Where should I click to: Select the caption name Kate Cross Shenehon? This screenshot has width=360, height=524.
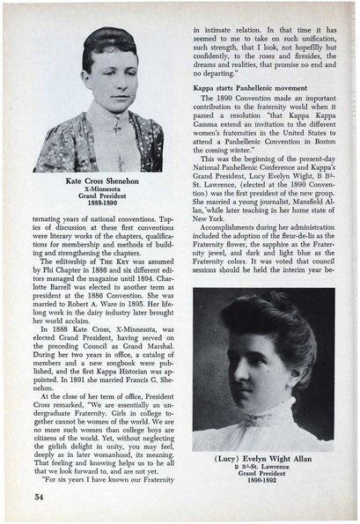98,180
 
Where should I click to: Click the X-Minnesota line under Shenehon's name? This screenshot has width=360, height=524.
98,188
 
